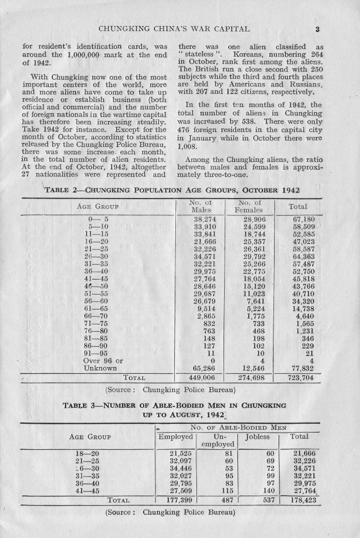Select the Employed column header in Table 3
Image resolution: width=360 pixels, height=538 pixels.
(x=175, y=437)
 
